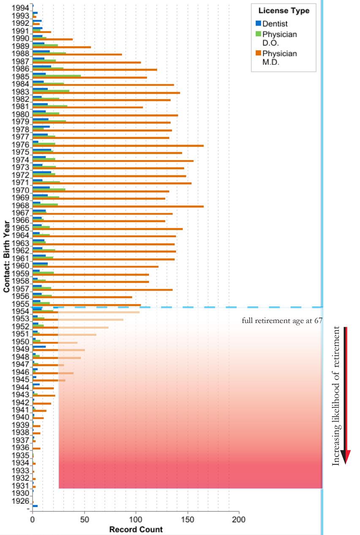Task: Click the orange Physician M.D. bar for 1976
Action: (118, 146)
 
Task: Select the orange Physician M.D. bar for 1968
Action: (118, 206)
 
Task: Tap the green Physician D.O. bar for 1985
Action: (57, 76)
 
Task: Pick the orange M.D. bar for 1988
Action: (77, 54)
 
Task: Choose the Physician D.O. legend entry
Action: (279, 38)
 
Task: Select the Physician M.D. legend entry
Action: (279, 57)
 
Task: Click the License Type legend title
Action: (284, 11)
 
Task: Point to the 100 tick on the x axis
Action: (136, 519)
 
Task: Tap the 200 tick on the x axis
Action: (239, 519)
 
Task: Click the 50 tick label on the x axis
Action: (85, 519)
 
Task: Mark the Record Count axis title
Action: (136, 530)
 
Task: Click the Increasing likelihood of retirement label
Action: (336, 396)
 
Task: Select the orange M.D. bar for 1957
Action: (103, 290)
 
